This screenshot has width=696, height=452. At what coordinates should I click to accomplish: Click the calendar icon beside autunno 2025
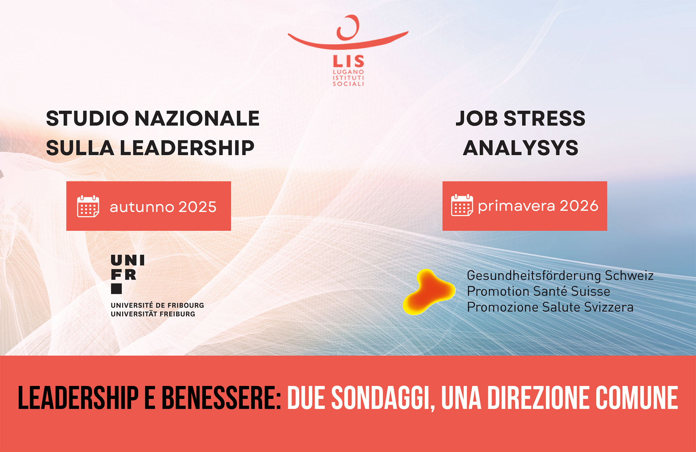coord(88,206)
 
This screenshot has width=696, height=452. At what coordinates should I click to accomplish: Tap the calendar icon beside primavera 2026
coord(462,205)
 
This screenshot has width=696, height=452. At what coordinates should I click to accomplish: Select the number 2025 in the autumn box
coord(197,207)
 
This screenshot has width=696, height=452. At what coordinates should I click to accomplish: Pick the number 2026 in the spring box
coord(579,206)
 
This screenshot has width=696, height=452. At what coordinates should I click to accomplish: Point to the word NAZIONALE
coord(197,119)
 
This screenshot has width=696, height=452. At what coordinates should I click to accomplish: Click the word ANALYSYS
coord(521,148)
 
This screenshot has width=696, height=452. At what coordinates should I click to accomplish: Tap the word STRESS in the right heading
coord(544,119)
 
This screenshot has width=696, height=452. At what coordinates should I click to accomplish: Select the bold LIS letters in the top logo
coord(348,61)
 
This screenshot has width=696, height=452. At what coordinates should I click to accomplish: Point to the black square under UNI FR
coord(116,289)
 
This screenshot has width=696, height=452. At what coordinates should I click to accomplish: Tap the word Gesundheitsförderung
coord(534,276)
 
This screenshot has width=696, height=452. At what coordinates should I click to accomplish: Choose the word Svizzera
coord(609,307)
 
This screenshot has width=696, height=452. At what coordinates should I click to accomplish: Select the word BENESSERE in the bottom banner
coord(221,398)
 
